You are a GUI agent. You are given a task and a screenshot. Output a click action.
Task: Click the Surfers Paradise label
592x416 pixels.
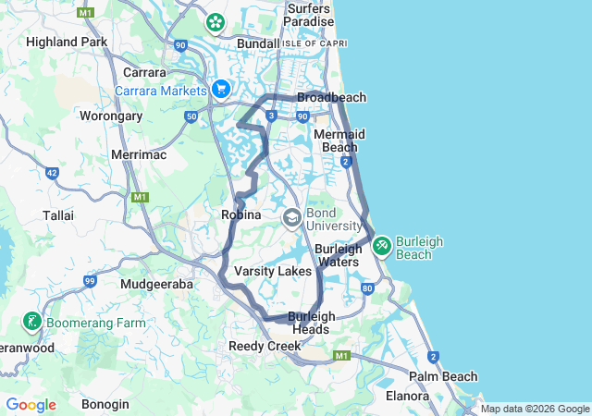(x=309, y=15)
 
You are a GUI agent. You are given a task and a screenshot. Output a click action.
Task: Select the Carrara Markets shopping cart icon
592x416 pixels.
(x=220, y=89)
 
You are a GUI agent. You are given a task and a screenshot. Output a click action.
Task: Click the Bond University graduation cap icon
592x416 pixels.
(x=291, y=217)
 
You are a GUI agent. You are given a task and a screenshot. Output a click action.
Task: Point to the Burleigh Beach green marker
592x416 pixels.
(x=381, y=245)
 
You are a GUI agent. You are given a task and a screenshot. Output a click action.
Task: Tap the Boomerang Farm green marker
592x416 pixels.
(x=31, y=322)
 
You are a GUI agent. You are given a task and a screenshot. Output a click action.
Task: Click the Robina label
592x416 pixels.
(x=243, y=214)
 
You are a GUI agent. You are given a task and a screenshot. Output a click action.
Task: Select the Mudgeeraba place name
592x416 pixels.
(x=156, y=285)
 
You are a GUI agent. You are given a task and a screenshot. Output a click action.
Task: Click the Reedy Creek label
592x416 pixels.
(x=265, y=346)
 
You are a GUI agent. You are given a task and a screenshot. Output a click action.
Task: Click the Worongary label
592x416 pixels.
(x=111, y=116)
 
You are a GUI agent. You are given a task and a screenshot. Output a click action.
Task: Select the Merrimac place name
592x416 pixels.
(x=138, y=154)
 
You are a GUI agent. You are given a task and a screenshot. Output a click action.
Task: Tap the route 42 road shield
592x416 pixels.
(x=51, y=173)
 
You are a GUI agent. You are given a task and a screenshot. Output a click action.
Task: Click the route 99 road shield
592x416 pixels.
(x=90, y=281)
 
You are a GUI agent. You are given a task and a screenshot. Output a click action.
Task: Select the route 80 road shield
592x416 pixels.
(x=368, y=288)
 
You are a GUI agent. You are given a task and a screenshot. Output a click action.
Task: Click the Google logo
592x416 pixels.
(x=31, y=404)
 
